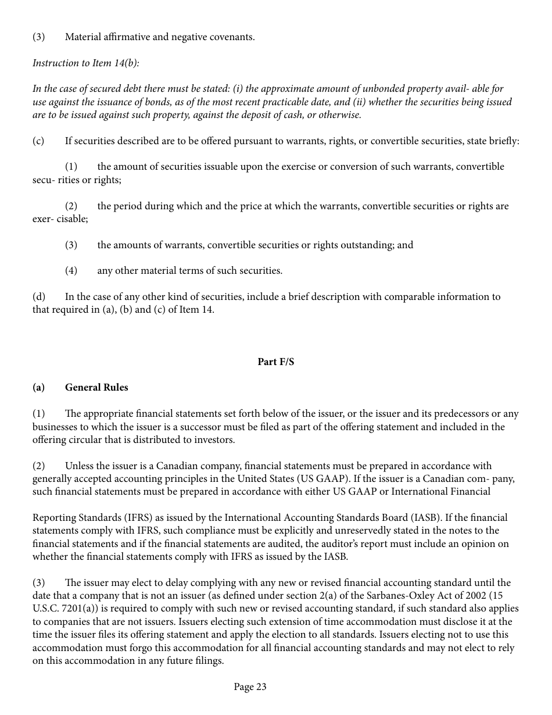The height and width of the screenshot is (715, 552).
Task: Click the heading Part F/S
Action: [x=276, y=362]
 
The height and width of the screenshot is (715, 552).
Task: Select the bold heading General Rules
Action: [x=96, y=387]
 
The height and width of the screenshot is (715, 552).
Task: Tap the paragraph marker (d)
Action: [x=38, y=296]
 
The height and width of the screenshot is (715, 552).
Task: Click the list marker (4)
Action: [x=71, y=270]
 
